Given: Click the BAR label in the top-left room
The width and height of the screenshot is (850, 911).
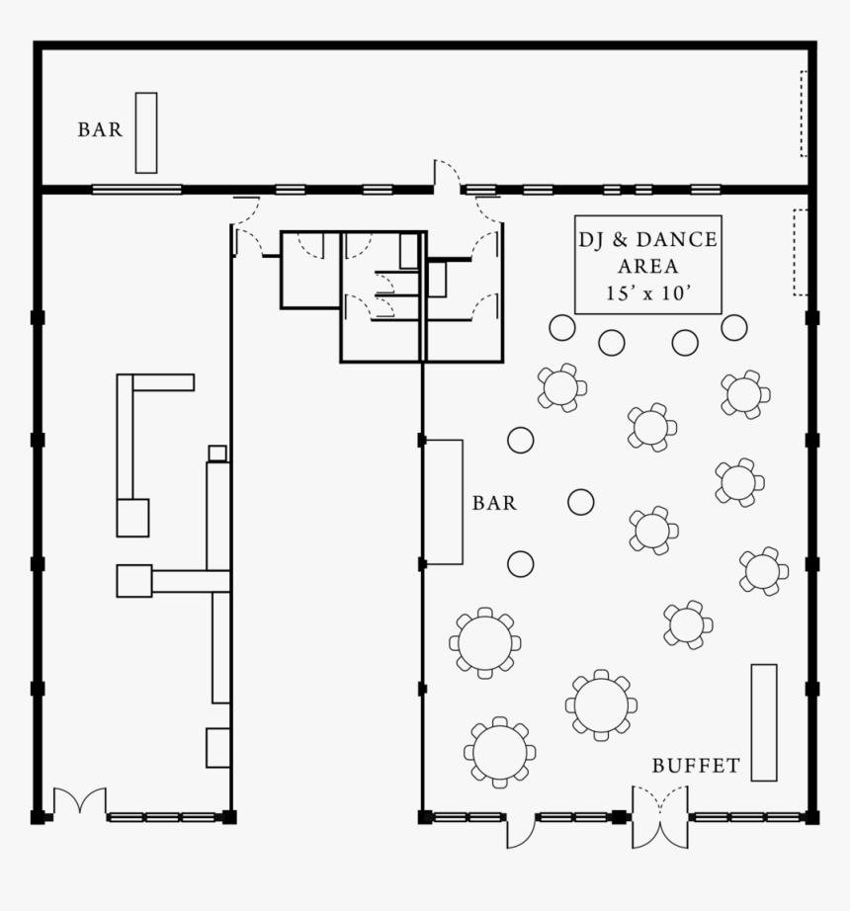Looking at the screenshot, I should pos(100,129).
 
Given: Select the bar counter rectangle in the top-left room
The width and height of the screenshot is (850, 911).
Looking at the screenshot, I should pos(146,132).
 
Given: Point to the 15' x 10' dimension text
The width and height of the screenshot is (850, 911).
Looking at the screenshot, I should pos(648,293).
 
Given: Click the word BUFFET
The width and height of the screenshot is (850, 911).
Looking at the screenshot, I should pos(696,766).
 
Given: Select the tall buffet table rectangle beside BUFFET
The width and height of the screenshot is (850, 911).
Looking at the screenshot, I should pos(763,722).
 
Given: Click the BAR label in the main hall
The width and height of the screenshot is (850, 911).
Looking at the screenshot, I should pos(494,503).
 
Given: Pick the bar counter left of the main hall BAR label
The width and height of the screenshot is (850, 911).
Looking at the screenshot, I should pos(444,502).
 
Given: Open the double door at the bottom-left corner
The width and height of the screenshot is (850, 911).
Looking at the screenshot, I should pos(79,801).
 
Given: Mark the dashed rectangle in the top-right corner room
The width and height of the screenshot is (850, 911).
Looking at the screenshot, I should pos(805,114).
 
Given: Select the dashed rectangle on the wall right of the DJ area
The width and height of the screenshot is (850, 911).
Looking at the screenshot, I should pos(800,252).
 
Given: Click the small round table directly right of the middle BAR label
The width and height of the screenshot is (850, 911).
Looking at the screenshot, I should pos(581,502).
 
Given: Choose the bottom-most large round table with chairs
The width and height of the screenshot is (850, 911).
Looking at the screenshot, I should pos(500,752).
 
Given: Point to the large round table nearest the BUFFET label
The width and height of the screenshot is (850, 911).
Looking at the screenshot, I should pos(601,704).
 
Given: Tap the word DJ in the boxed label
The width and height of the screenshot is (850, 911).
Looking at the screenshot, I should pos(591,240).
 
